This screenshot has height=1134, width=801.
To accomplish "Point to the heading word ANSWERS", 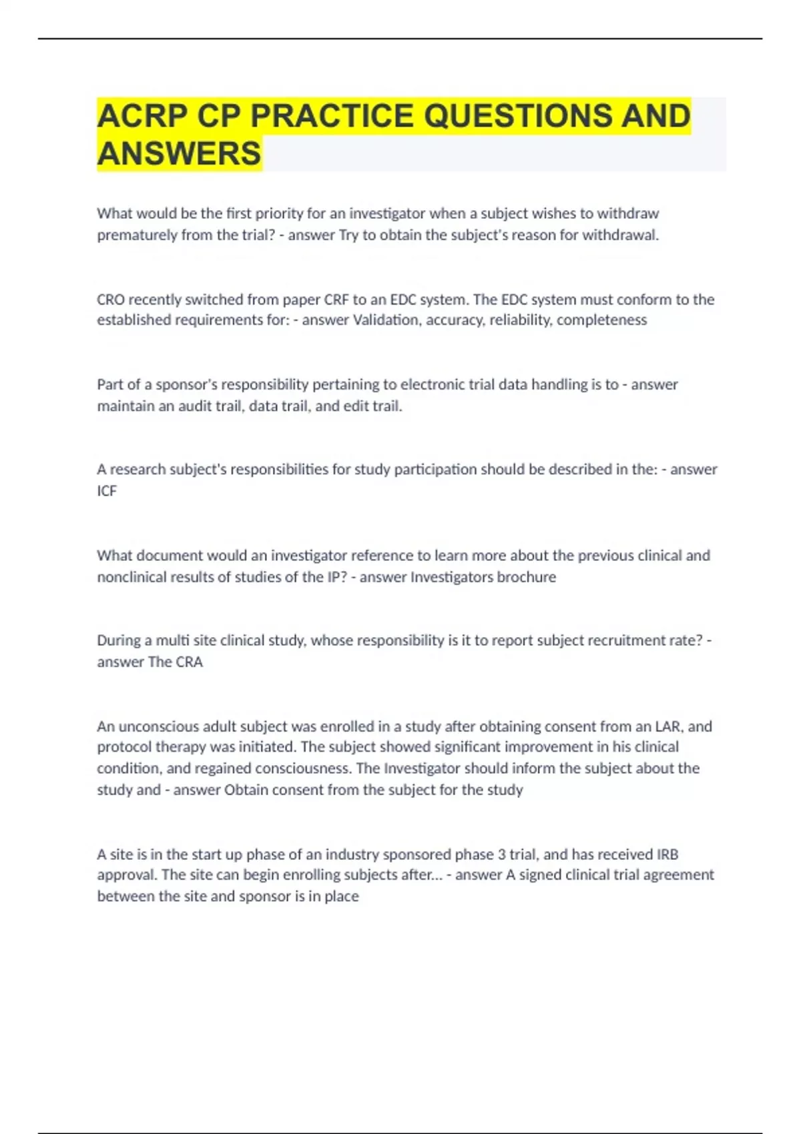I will [x=179, y=153].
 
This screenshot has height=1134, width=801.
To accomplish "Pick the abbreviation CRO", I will [x=111, y=300].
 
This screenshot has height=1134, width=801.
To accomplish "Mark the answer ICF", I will [x=107, y=491].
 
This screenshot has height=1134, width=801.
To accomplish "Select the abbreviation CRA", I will [x=189, y=662].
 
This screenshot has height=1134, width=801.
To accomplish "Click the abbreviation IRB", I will [x=667, y=855].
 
